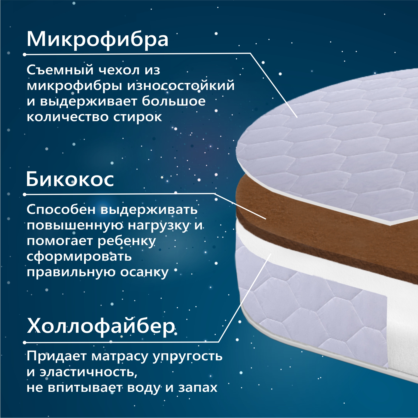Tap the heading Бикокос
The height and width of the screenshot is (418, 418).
point(70,179)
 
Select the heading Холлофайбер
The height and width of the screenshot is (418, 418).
point(101,326)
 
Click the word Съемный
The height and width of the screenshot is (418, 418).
point(60,70)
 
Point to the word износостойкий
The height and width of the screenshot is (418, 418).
point(181,85)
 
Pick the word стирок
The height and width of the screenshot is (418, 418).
point(137,117)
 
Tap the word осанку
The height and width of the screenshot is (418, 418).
point(144,272)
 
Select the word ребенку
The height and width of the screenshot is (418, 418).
point(126,241)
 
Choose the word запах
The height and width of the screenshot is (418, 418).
point(198,388)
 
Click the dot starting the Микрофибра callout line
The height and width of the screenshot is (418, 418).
point(25,55)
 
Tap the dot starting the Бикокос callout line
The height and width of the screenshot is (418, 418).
point(25,194)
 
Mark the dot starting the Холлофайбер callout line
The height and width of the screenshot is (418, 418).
point(25,343)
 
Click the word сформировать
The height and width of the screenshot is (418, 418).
point(79,257)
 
